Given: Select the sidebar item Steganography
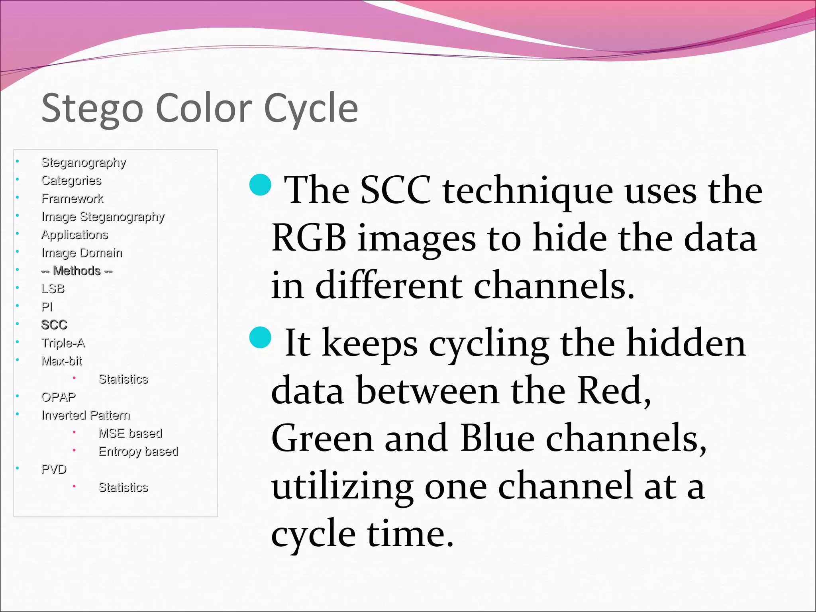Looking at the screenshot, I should [84, 163].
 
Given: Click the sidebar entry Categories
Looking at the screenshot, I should [71, 180].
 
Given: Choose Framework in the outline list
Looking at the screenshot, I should [72, 198].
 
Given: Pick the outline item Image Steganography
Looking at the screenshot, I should [103, 217].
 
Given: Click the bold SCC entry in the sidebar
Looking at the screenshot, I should [54, 325].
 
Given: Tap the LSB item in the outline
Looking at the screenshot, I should [53, 288].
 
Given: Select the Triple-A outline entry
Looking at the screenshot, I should [63, 343].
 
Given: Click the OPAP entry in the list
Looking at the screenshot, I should [59, 397].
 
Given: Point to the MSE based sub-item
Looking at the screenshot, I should [130, 433].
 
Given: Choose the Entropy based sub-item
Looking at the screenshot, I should [138, 451].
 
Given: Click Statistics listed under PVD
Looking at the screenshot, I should [123, 487].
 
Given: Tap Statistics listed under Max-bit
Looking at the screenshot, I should [123, 379].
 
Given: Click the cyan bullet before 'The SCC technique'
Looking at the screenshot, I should [260, 185].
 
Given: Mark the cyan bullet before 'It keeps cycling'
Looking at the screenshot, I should [260, 337].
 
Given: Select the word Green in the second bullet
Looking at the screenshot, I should [322, 439].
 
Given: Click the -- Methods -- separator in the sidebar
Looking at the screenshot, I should [77, 271].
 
